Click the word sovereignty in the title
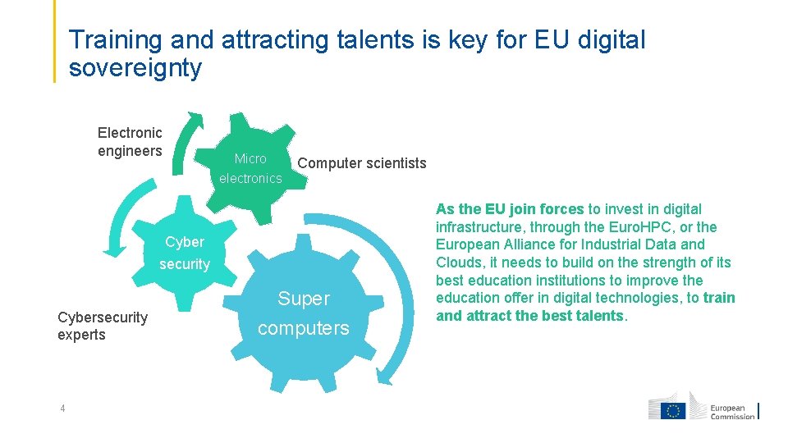click(135, 68)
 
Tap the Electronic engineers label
click(130, 141)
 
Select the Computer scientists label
click(362, 162)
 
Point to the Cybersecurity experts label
click(103, 326)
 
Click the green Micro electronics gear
click(250, 168)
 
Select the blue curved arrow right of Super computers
click(390, 312)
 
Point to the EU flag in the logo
click(675, 410)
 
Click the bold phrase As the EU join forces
click(510, 209)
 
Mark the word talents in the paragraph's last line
click(598, 316)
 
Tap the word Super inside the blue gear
click(304, 299)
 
